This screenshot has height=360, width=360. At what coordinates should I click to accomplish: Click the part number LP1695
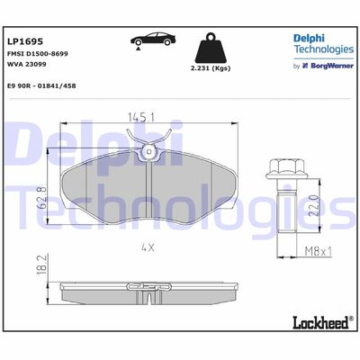[25, 41]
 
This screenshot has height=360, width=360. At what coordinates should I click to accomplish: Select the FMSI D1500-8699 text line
[37, 54]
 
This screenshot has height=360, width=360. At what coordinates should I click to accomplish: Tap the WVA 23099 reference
[26, 64]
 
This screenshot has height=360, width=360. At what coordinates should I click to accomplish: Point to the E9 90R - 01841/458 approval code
[41, 85]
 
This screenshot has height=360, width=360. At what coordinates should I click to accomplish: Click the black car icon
[153, 39]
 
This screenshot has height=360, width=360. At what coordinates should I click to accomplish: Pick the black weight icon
[211, 48]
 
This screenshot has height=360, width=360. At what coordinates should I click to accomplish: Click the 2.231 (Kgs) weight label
[211, 68]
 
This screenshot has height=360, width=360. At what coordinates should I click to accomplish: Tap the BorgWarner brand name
[332, 66]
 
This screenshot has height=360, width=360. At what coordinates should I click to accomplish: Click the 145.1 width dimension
[141, 117]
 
